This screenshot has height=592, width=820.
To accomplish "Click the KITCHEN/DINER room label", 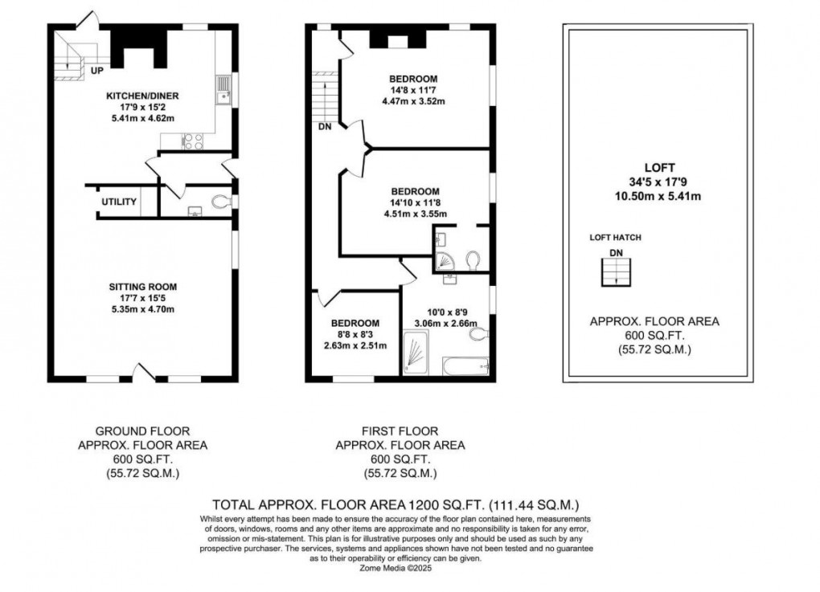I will (x=142, y=96).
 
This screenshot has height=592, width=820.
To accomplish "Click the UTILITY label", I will (x=118, y=202).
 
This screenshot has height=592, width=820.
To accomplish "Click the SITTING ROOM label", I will (x=143, y=286).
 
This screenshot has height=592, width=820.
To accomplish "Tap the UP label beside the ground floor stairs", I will (x=96, y=71).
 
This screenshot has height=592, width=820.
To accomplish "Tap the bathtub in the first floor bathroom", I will (x=465, y=365).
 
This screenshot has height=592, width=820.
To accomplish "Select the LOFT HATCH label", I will (x=615, y=238).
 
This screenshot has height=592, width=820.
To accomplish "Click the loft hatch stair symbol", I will (x=616, y=275).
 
